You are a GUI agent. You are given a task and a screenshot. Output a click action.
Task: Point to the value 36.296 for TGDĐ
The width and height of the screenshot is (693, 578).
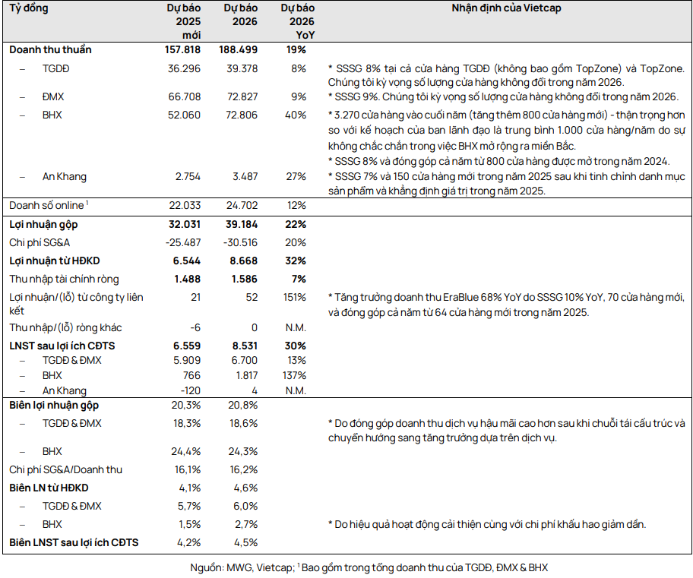(x=185, y=68)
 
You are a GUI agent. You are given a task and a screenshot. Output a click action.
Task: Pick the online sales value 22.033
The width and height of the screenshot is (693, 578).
(x=185, y=206)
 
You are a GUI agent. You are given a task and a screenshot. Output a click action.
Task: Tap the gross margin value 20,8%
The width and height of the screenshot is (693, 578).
(x=243, y=406)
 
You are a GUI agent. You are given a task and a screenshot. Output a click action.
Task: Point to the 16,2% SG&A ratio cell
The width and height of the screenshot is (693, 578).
(x=243, y=469)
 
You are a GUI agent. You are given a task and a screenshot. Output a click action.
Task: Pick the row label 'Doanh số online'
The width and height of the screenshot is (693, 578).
(x=45, y=206)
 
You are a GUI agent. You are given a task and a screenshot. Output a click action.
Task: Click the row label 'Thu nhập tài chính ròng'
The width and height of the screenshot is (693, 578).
(x=64, y=279)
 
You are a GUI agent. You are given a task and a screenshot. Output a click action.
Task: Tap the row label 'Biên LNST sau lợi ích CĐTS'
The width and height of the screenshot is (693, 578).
(x=74, y=542)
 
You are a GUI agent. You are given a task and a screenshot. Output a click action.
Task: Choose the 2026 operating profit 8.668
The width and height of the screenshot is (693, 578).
(x=242, y=261)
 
